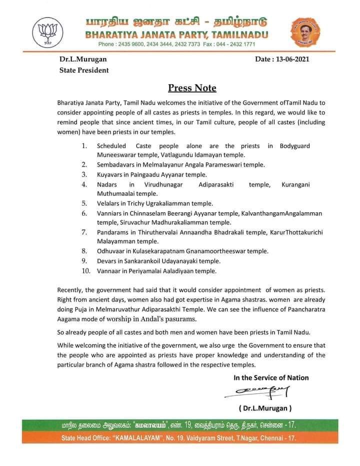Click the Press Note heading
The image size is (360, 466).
point(192,89)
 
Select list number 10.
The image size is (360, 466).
point(85,271)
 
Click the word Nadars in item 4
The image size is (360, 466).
point(106,185)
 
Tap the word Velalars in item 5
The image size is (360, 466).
point(108,204)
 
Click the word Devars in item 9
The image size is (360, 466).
point(106,261)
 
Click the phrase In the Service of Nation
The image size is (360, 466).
point(271,377)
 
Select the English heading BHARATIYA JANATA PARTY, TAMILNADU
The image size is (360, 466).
point(176,35)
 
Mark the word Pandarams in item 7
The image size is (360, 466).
point(112,233)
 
